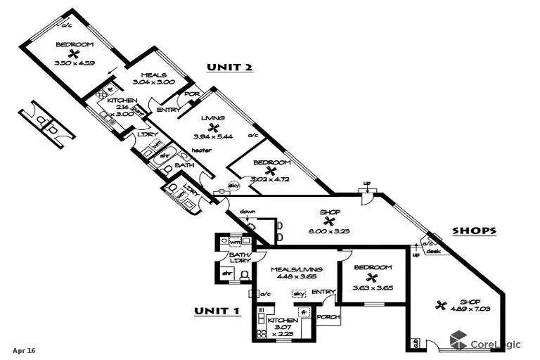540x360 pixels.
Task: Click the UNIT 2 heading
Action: point(229,67)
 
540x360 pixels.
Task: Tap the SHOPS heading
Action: point(474,230)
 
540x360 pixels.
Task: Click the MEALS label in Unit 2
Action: point(153,76)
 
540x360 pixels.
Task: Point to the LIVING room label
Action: point(212,118)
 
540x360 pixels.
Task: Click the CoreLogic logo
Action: point(486,344)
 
